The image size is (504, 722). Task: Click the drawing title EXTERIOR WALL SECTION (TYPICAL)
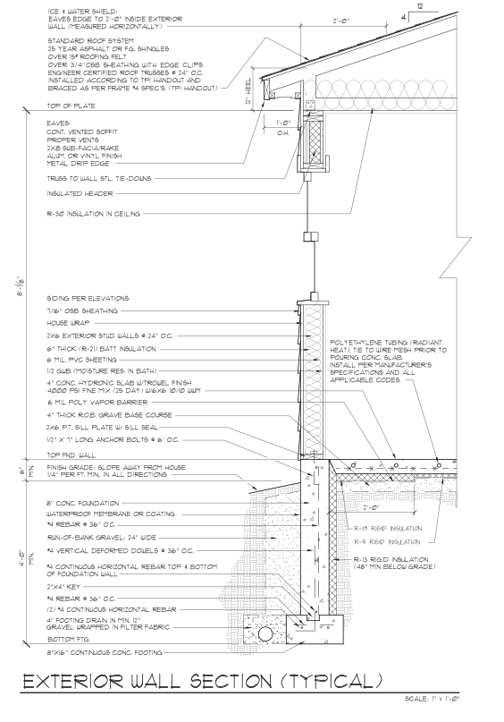(203, 681)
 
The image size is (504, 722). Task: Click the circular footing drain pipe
(265, 634)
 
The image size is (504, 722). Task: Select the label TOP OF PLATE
(71, 106)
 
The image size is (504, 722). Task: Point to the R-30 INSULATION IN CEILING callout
(93, 214)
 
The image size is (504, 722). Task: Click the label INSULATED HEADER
(80, 194)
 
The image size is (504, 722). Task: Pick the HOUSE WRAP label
(68, 323)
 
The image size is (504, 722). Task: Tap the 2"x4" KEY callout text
(63, 587)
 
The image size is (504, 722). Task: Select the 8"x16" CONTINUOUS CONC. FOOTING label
(105, 652)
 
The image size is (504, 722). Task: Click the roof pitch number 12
(420, 6)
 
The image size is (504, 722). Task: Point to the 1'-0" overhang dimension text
(282, 123)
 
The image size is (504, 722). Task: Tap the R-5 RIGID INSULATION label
(387, 542)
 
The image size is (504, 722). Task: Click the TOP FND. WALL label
(71, 455)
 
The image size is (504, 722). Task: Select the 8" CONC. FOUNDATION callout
(83, 504)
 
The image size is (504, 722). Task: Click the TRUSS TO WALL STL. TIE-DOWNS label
(99, 179)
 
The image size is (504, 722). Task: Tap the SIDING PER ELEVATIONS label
(88, 299)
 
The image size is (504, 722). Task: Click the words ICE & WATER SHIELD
(82, 11)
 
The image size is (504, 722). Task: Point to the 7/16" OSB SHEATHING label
(82, 310)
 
